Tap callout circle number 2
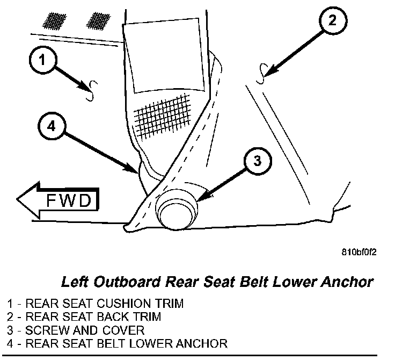[x=332, y=22]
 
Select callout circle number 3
[x=258, y=161]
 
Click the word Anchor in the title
[x=346, y=281]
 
